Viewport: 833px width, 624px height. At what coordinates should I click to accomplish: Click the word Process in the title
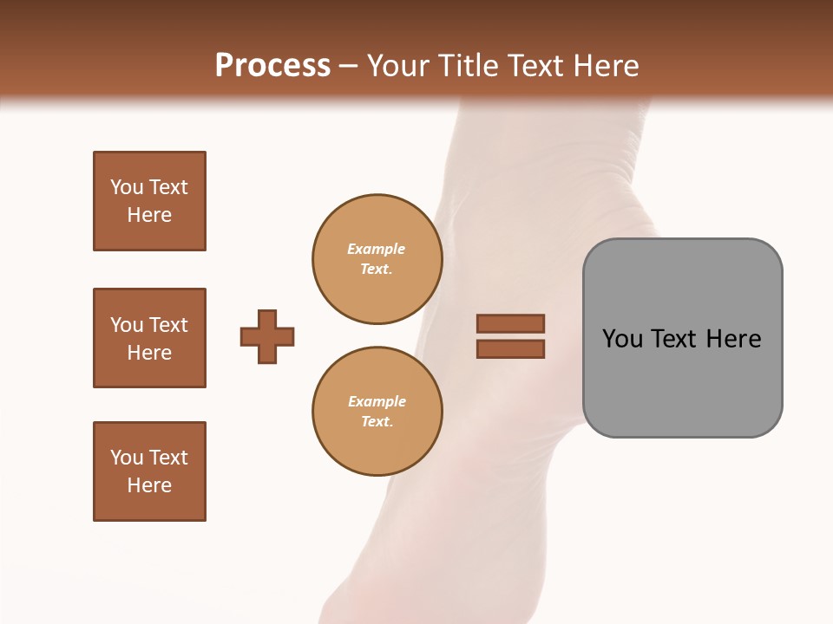[272, 66]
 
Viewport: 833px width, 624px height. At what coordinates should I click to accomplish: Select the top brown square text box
[149, 201]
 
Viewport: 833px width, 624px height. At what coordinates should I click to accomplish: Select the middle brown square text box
[149, 338]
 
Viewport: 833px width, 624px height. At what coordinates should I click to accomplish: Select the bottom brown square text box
[149, 471]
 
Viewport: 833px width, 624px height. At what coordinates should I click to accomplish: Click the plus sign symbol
[267, 336]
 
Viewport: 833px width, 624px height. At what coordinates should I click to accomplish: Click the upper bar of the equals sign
[510, 323]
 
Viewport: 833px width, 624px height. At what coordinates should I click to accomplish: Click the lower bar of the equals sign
[510, 348]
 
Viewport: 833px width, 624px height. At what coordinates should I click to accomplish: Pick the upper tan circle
[377, 259]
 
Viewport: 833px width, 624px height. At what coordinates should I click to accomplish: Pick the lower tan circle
[377, 412]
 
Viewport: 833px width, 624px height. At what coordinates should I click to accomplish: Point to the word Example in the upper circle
[377, 249]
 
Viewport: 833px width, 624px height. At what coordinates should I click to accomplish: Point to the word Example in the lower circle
[377, 401]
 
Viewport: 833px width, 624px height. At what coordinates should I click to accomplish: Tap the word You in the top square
[127, 187]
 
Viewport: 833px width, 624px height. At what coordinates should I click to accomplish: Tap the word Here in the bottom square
[149, 485]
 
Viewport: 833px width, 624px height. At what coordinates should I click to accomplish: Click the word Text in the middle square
[167, 325]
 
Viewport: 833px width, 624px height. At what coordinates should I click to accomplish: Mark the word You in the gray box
[622, 339]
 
